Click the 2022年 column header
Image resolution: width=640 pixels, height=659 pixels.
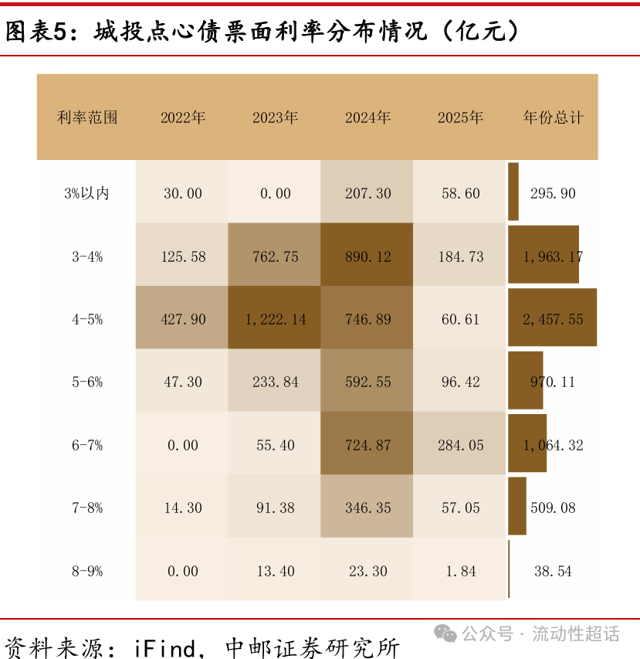click(x=183, y=118)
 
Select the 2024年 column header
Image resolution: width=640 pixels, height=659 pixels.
click(x=367, y=118)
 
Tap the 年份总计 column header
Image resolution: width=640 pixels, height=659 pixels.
click(x=553, y=118)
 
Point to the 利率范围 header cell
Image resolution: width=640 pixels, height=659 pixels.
click(x=87, y=118)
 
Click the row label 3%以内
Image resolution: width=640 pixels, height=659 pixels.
click(x=87, y=193)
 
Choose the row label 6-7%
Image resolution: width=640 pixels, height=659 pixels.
click(x=87, y=445)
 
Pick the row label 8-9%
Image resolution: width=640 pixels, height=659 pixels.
click(x=87, y=571)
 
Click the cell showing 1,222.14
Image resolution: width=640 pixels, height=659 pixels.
click(x=275, y=319)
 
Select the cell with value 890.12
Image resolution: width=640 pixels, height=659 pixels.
click(x=367, y=256)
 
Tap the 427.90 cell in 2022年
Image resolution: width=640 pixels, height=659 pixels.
click(x=183, y=319)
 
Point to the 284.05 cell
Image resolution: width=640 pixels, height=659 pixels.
click(x=460, y=445)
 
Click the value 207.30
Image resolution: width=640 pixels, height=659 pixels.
click(x=367, y=193)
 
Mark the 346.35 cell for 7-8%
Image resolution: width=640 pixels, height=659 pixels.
click(x=367, y=508)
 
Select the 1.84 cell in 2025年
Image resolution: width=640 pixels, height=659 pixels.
click(x=460, y=571)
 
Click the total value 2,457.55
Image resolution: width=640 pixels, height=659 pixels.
click(x=553, y=319)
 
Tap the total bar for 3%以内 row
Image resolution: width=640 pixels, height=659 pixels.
click(x=513, y=192)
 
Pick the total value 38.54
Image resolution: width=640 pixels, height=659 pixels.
click(x=553, y=571)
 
